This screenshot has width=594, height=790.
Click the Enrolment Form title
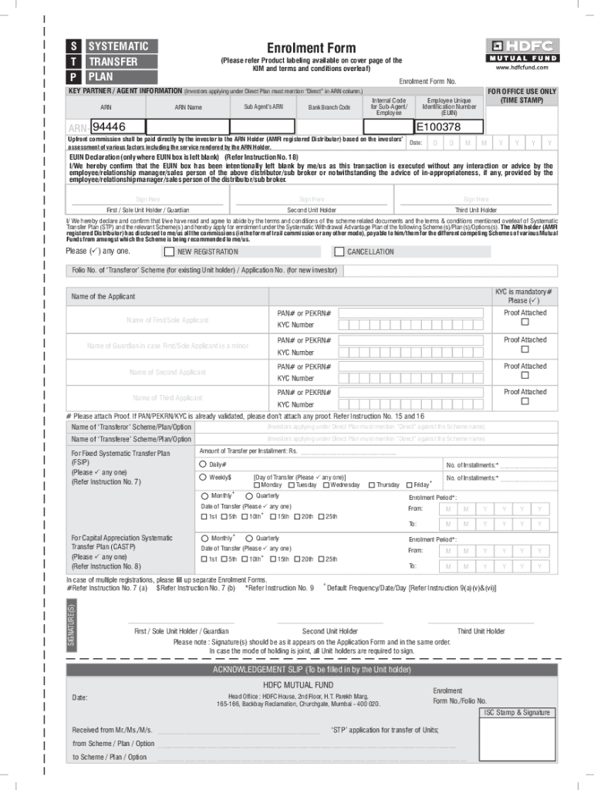click(311, 48)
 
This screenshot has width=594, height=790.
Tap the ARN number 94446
click(109, 127)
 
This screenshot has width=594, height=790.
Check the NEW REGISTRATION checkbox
click(169, 252)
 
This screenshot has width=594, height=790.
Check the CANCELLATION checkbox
click(339, 252)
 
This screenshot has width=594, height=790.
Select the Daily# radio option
click(203, 464)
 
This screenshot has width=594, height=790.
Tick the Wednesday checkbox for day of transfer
click(327, 484)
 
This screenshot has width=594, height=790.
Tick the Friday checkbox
click(409, 484)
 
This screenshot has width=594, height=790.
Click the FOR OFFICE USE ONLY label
click(521, 91)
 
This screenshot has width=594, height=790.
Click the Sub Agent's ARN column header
click(263, 106)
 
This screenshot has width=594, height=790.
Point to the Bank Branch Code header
click(329, 107)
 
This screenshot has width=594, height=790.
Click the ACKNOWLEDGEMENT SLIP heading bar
click(312, 670)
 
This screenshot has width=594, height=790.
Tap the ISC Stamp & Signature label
click(517, 713)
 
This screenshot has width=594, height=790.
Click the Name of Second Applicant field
click(167, 372)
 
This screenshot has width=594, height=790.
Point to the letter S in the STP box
click(72, 46)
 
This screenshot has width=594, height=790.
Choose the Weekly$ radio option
click(203, 477)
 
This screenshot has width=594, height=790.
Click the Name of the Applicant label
click(103, 296)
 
